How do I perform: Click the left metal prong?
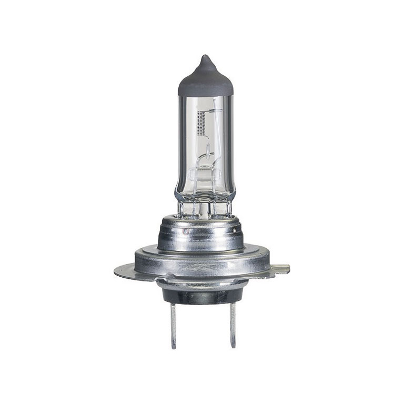pyautogui.click(x=174, y=326)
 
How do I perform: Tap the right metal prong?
pyautogui.click(x=231, y=326)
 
